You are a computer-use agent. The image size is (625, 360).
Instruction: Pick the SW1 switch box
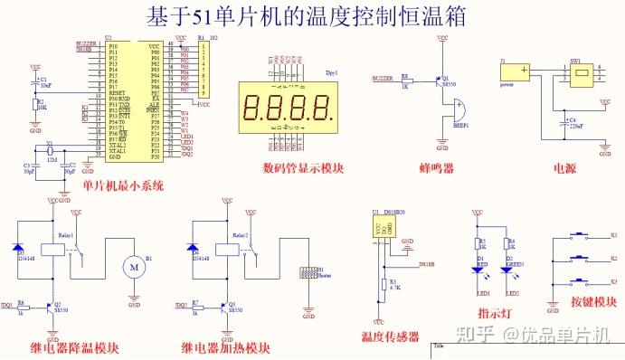point(579,74)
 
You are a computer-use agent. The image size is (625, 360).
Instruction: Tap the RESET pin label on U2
point(118,92)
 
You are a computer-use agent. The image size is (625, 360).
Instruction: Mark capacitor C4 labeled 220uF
point(561,124)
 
